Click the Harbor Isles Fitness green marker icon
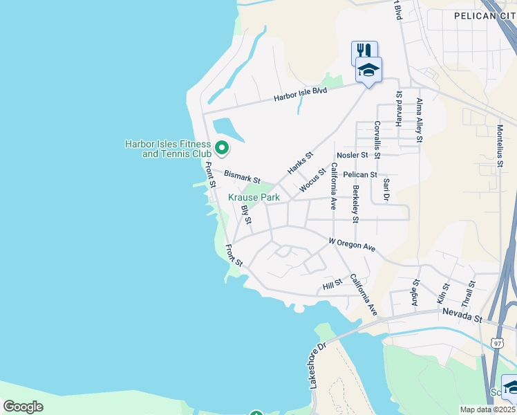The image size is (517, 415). [222, 148]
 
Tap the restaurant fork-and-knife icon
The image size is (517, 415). [364, 51]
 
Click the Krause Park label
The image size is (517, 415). [254, 197]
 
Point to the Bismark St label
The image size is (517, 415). [241, 178]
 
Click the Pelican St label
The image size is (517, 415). [360, 175]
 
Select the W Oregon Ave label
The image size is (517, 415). [352, 244]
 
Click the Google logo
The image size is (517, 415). [23, 407]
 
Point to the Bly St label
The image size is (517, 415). [245, 214]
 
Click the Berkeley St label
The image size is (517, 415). [355, 203]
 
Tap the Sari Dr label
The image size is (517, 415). [386, 190]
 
